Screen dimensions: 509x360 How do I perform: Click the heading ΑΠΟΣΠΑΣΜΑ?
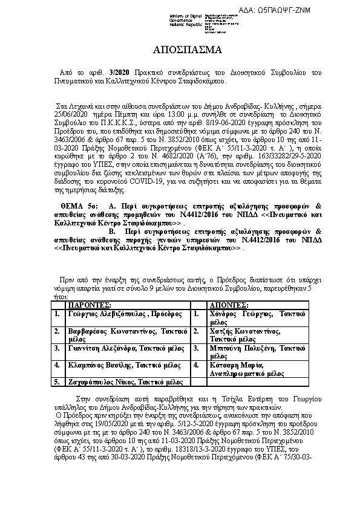tap(179, 49)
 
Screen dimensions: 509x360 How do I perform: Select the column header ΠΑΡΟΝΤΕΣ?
tap(89, 305)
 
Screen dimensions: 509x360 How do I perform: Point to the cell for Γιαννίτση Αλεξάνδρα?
tap(117, 349)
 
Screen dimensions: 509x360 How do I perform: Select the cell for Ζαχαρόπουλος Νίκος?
tap(117, 382)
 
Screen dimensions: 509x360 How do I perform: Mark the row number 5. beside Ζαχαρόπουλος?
tap(56, 382)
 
